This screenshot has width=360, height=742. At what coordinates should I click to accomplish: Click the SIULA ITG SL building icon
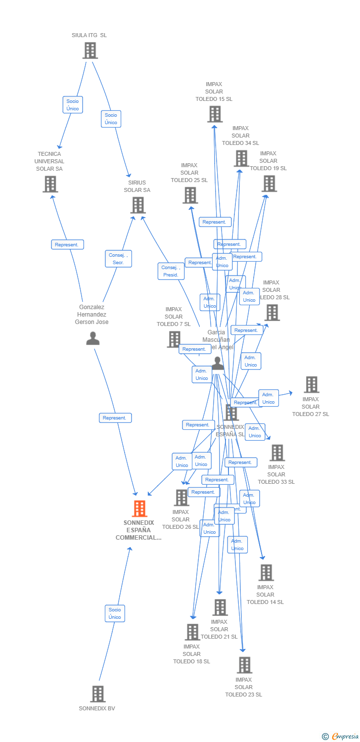coord(90,50)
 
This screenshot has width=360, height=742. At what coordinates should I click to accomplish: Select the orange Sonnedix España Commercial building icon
coord(139,509)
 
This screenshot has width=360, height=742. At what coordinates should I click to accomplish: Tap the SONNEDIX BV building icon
coord(98,694)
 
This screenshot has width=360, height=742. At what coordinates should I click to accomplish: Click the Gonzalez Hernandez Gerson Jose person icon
coord(92,338)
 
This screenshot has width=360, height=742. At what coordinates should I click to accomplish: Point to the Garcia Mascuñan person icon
coord(218,364)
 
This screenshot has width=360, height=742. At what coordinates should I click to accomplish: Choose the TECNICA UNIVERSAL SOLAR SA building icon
coord(50,184)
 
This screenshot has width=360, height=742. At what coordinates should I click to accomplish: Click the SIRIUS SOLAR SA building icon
coord(138,205)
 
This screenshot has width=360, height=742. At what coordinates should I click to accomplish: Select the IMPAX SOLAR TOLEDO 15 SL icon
coord(215,114)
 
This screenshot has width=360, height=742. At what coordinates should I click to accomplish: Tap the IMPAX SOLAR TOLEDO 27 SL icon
coord(311,384)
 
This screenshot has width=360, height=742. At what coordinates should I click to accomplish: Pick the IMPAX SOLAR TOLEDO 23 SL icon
coord(244,665)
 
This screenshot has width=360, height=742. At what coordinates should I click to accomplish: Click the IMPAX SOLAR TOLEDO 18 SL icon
coord(192,632)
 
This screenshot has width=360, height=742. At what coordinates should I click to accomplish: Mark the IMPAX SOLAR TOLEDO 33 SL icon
coord(277,453)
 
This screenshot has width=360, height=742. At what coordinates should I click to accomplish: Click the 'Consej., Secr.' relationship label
coord(118,259)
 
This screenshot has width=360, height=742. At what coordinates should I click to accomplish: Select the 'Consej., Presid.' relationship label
coord(171,271)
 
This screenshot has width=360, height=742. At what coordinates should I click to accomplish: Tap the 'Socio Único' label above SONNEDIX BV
coord(115,613)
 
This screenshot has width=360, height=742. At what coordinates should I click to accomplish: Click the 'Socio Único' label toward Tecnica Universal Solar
coord(73,105)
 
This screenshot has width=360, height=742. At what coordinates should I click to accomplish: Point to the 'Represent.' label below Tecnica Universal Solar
coord(67,244)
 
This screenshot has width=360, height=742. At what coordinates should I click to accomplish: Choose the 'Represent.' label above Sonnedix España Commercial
coord(115,418)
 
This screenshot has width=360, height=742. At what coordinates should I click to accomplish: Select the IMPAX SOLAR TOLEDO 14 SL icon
coord(266,572)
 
